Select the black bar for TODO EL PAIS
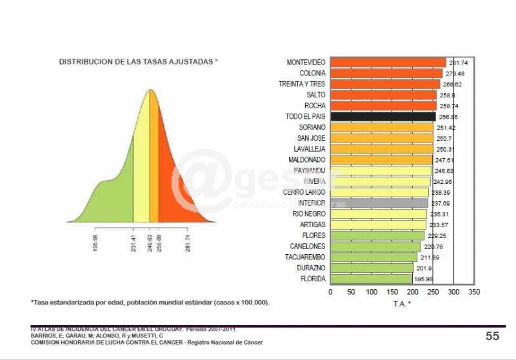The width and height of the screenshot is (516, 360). pyautogui.click(x=383, y=117)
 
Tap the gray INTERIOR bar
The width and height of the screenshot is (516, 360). pyautogui.click(x=379, y=203)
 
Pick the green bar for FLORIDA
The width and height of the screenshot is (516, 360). pyautogui.click(x=371, y=279)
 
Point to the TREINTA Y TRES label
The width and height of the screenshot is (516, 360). pyautogui.click(x=302, y=85)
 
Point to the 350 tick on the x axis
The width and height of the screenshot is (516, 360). pyautogui.click(x=474, y=292)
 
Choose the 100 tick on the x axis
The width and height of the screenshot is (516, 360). pyautogui.click(x=372, y=292)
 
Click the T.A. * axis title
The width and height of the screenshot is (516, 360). pyautogui.click(x=402, y=303)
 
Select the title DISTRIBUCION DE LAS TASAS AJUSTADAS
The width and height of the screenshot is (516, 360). pyautogui.click(x=139, y=62)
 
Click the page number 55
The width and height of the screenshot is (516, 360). pyautogui.click(x=492, y=336)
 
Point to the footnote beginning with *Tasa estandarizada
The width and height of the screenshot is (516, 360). pyautogui.click(x=150, y=302)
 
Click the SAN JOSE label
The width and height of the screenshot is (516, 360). pyautogui.click(x=312, y=138)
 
